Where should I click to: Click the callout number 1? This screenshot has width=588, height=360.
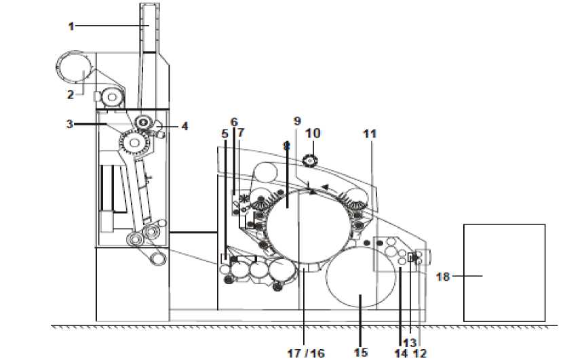click(71, 26)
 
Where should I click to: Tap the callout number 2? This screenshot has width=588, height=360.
click(71, 94)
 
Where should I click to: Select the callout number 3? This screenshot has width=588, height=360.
click(70, 124)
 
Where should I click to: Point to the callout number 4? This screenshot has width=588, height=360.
click(184, 126)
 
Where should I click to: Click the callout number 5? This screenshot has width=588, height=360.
click(224, 134)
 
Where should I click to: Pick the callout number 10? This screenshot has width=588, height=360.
click(313, 133)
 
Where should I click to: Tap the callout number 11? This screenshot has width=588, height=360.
click(370, 134)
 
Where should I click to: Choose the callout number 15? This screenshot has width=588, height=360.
click(361, 352)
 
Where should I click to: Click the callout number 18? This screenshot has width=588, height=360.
click(442, 277)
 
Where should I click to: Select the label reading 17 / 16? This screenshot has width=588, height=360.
click(306, 353)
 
